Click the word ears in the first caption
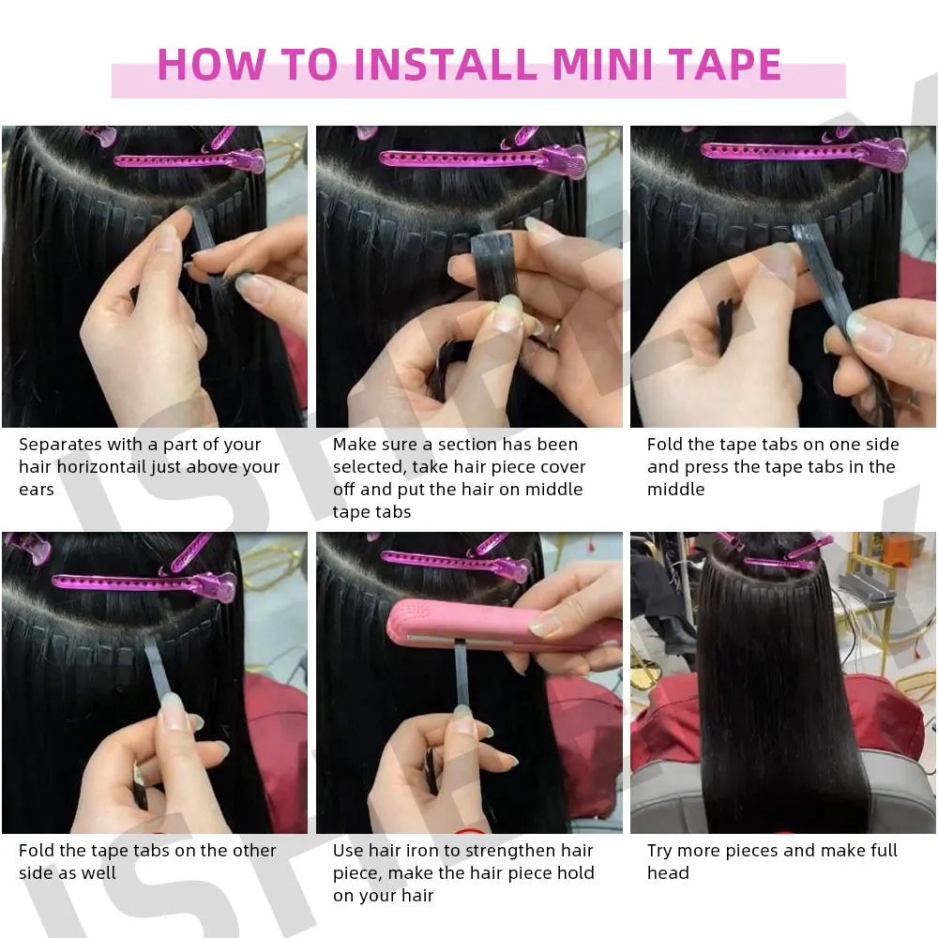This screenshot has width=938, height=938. coord(37,490)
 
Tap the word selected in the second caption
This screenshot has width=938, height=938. coord(369,467)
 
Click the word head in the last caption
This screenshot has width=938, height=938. coord(668,873)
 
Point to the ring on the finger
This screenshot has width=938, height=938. coord(555,331)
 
